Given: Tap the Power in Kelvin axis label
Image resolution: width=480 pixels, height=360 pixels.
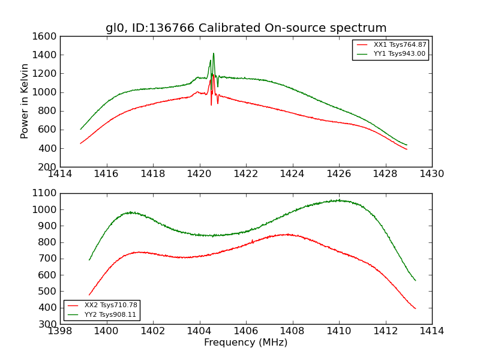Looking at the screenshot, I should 25,101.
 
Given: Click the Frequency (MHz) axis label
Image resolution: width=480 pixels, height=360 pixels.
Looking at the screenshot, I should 245,343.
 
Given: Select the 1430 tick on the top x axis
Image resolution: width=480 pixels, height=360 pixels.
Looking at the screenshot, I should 431,174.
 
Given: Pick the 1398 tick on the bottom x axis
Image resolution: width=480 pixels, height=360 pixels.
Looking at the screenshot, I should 60,331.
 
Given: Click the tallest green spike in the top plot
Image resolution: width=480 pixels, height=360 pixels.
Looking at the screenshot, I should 213,53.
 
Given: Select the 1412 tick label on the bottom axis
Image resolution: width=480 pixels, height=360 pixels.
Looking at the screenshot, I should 385,331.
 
